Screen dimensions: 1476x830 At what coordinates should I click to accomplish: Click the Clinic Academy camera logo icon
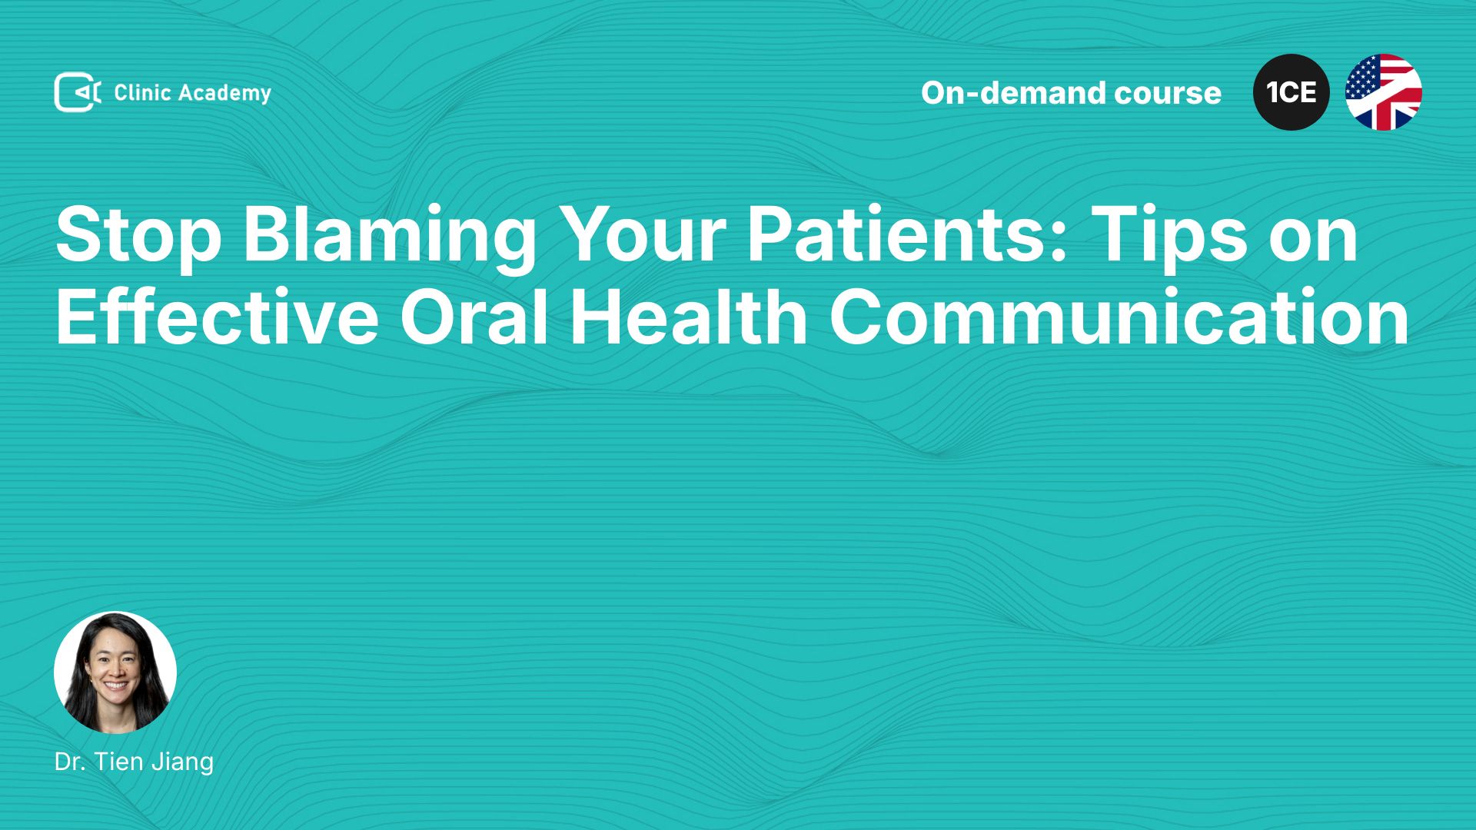(78, 92)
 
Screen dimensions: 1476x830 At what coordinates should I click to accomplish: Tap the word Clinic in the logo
(142, 92)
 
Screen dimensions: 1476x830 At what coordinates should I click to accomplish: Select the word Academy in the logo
(225, 94)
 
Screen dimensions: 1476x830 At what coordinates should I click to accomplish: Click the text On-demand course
(1071, 93)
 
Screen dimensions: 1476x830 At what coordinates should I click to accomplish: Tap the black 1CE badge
(1291, 92)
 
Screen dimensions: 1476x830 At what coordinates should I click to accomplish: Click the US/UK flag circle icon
(1384, 92)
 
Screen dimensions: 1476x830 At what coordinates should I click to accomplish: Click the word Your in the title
(642, 234)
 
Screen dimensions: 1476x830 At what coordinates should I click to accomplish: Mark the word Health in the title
(689, 316)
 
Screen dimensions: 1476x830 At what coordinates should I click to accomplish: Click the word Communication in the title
(1119, 316)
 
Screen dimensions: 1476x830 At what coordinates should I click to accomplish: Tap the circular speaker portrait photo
(115, 672)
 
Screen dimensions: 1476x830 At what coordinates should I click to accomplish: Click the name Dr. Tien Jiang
(135, 762)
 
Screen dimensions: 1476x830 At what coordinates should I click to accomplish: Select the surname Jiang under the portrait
(183, 762)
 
